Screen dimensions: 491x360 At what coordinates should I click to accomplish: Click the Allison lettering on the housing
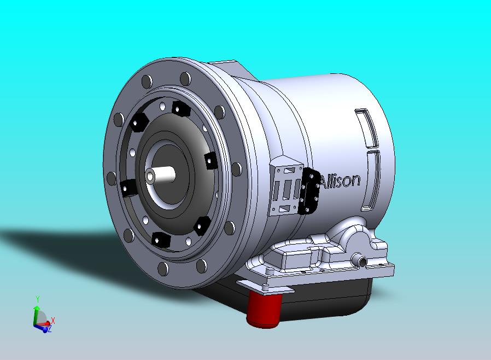pos(340,181)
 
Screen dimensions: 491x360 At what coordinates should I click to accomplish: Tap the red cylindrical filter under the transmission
pos(264,309)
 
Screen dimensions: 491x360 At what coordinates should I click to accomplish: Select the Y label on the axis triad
pos(37,299)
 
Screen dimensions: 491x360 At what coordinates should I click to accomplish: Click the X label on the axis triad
pos(53,320)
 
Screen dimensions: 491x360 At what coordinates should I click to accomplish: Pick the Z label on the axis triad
pos(49,329)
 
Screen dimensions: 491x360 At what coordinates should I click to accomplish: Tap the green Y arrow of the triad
pos(36,315)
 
